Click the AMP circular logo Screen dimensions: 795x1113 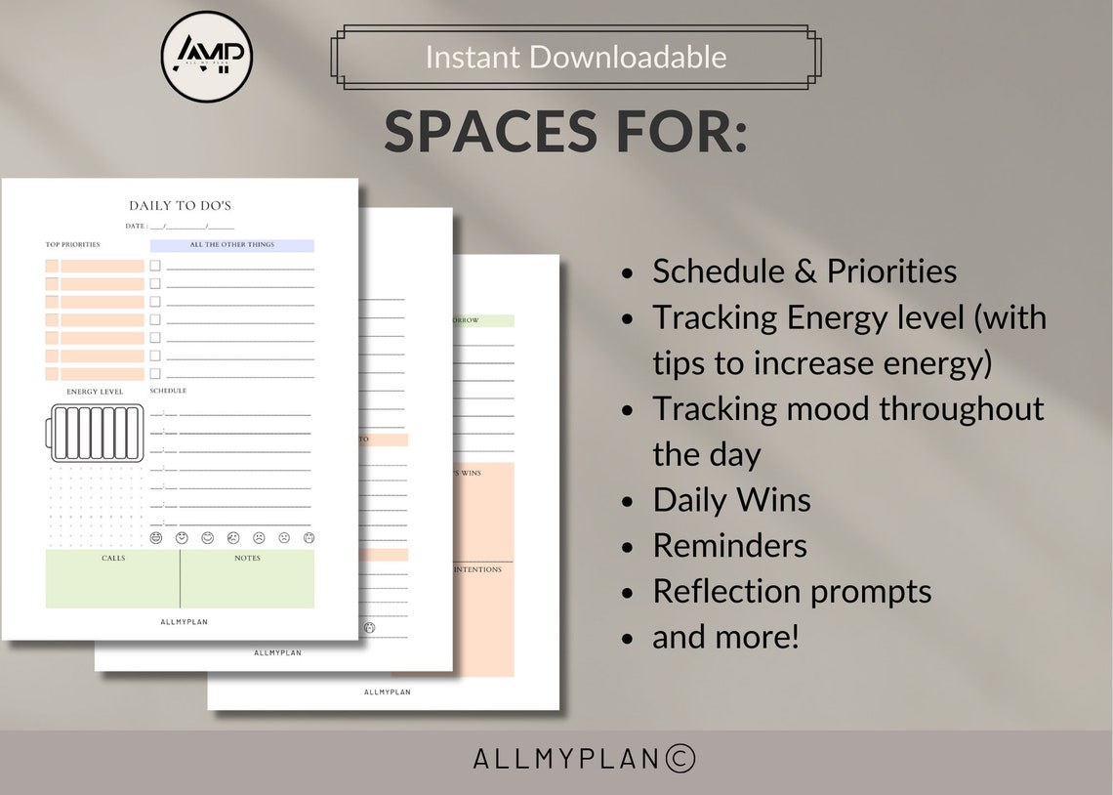[207, 57]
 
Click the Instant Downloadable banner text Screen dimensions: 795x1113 [575, 57]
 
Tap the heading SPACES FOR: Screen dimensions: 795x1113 [565, 132]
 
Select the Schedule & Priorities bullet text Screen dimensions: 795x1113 [804, 272]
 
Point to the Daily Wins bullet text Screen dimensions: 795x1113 [731, 500]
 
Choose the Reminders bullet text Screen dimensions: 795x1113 [729, 545]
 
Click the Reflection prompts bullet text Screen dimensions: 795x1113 [792, 591]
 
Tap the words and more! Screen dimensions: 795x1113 [725, 637]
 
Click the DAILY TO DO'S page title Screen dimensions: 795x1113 [180, 206]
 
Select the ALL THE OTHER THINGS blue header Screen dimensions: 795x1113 [232, 245]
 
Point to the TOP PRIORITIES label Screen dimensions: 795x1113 [73, 245]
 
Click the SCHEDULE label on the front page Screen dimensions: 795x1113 [168, 392]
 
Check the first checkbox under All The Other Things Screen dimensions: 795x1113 [155, 266]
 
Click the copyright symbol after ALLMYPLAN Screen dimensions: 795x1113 [680, 759]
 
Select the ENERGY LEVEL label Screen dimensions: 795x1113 [95, 392]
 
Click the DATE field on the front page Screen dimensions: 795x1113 [180, 227]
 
